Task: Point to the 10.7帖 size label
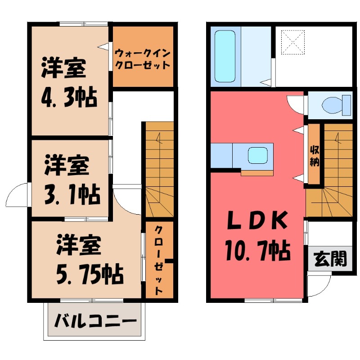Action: coord(256,251)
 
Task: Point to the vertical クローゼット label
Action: coord(159,260)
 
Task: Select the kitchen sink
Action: coord(258,156)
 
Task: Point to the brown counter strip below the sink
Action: coord(256,173)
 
